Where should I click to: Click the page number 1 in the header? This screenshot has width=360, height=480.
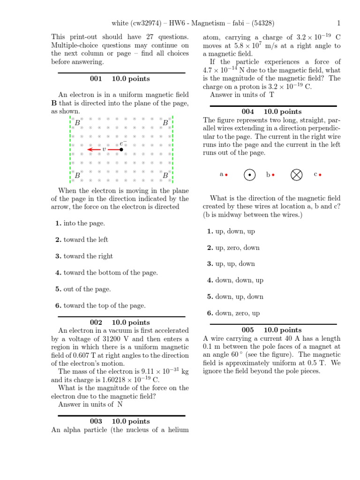pos(338,23)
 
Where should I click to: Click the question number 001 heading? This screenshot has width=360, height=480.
pos(96,79)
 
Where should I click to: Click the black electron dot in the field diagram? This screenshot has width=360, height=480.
pos(121,150)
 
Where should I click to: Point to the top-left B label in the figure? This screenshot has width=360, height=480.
pos(77,123)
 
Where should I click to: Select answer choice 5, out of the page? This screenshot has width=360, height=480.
pos(83,289)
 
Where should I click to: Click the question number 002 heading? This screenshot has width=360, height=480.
pos(96,322)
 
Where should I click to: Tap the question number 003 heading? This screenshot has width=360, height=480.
pos(96,421)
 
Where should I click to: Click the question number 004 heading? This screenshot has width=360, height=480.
pos(247,112)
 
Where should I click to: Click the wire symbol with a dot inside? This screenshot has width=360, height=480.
pos(250,175)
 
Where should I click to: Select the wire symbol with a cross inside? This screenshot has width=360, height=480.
pos(296,175)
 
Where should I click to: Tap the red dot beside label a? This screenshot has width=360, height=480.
pos(226,175)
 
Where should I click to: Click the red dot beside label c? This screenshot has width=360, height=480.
pos(320,175)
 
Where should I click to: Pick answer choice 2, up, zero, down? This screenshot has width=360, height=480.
pos(233,247)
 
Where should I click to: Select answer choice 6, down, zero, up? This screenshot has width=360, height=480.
pos(233,313)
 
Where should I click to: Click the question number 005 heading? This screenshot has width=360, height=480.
pos(247,330)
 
